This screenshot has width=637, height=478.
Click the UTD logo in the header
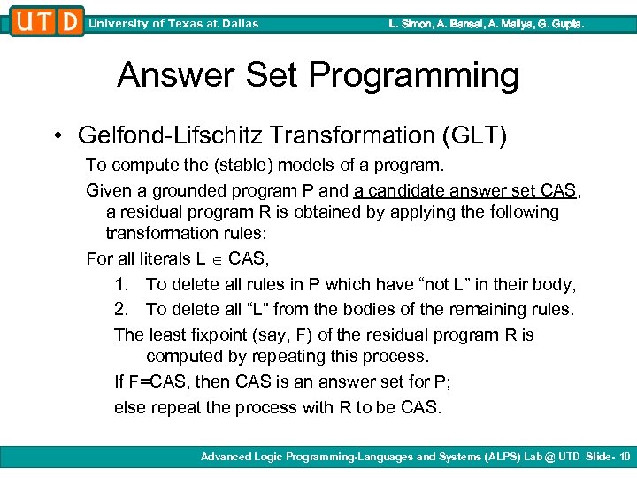pyautogui.click(x=47, y=21)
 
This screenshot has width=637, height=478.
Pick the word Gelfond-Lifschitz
pyautogui.click(x=170, y=135)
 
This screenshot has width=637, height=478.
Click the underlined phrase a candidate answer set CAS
pyautogui.click(x=464, y=190)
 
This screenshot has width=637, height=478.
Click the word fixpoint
pyautogui.click(x=217, y=335)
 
